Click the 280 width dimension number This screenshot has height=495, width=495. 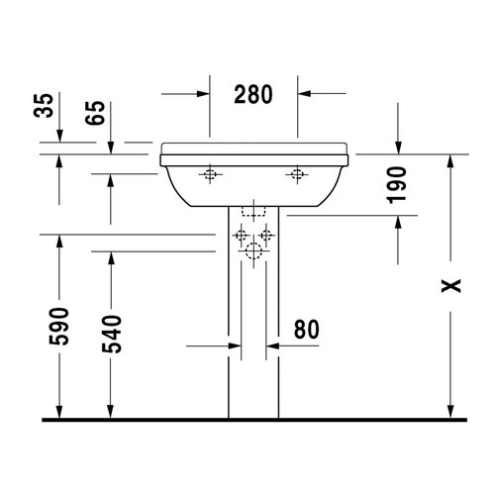pos(254,95)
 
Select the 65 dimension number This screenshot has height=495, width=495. pos(95,112)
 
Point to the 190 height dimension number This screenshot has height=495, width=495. pos(397,185)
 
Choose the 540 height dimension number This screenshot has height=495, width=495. pos(111,334)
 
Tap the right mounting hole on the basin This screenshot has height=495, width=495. pos(296,176)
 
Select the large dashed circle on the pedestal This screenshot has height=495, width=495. pos(253,251)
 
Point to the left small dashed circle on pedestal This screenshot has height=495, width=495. pos(241,236)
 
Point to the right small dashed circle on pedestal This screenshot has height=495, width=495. pos(266,236)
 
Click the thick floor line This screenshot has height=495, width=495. pos(247,420)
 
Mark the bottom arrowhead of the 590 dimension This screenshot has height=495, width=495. pos(60,411)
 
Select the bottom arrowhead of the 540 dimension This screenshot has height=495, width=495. pos(111,411)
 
